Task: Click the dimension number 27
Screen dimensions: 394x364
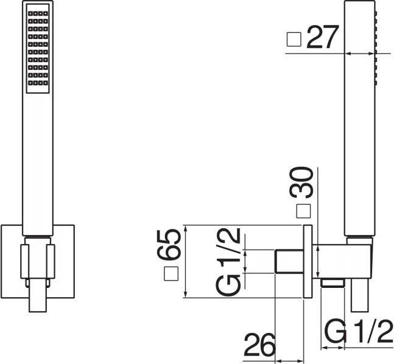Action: (323, 37)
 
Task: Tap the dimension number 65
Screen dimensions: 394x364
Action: (169, 244)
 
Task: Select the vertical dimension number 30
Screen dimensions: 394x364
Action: (301, 183)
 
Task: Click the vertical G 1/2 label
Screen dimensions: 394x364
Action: (228, 262)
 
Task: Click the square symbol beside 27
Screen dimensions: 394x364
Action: (294, 40)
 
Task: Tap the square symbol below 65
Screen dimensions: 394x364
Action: (171, 273)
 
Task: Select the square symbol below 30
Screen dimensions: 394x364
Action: (303, 211)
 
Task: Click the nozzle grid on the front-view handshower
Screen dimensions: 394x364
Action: (38, 49)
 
